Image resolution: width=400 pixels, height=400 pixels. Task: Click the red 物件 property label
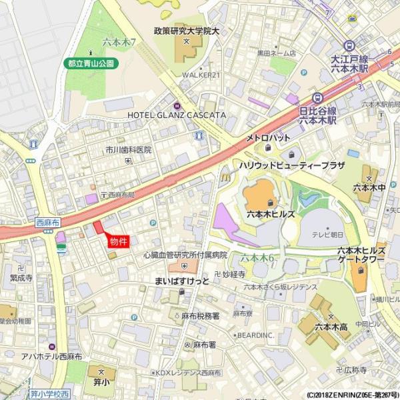point(118,241)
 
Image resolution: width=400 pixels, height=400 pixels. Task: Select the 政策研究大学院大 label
point(187,31)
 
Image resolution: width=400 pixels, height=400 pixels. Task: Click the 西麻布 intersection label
point(48,223)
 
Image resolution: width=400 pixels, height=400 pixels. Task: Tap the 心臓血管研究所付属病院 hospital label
point(185,255)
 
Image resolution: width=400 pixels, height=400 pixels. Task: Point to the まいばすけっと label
point(181,281)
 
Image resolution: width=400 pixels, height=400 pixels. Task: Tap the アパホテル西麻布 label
point(52,357)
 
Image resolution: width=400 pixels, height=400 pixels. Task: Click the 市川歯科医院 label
point(128,150)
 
